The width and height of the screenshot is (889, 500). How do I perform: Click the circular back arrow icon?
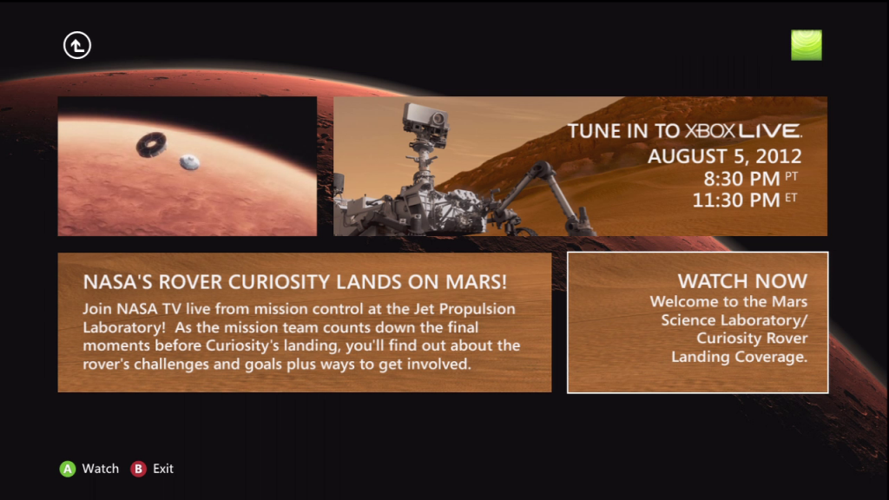click(77, 45)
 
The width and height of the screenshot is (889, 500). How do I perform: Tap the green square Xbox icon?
click(806, 45)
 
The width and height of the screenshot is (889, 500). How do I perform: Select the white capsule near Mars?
click(189, 161)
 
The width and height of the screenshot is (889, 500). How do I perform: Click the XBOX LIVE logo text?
click(743, 132)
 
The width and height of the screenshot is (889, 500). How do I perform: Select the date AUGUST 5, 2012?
click(724, 157)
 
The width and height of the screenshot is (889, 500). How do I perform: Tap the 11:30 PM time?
click(735, 201)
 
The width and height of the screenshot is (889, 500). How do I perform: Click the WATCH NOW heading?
click(742, 281)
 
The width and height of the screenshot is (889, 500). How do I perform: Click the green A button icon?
click(67, 469)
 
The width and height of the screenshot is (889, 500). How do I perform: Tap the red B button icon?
click(138, 469)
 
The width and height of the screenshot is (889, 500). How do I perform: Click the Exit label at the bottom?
click(163, 469)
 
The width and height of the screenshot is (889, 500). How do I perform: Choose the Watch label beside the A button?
click(101, 469)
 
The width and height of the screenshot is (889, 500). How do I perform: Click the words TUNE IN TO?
click(624, 132)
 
